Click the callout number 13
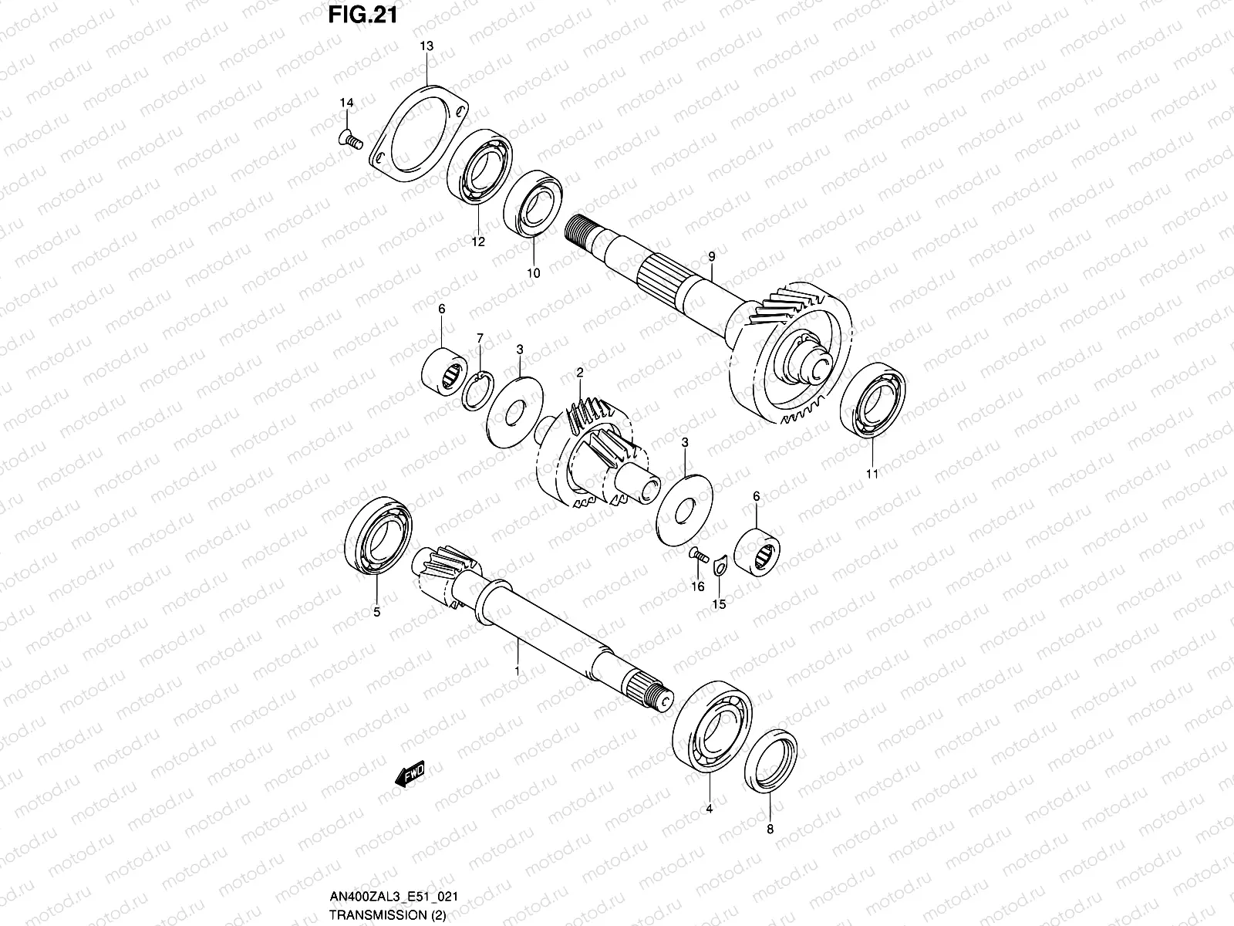pos(427,46)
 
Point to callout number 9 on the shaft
pos(711,255)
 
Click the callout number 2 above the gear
pos(579,372)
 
